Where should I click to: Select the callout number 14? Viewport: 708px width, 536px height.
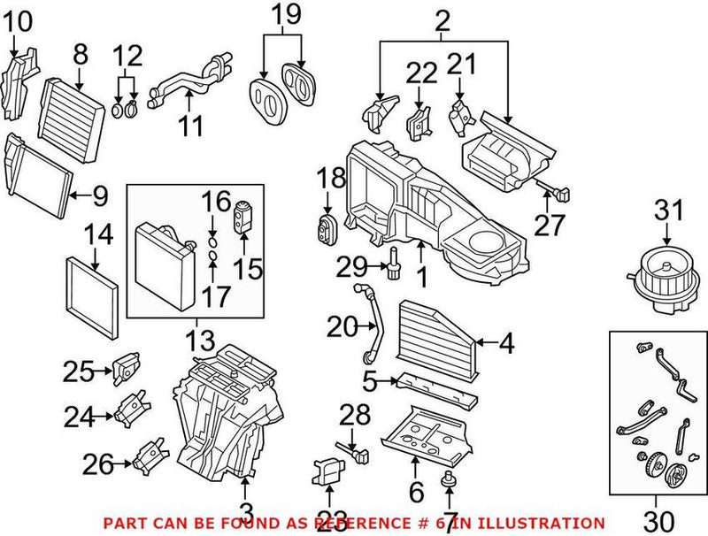point(99,235)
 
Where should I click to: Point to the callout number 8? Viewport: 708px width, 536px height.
point(81,55)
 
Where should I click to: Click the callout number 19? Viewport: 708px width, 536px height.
point(285,15)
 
